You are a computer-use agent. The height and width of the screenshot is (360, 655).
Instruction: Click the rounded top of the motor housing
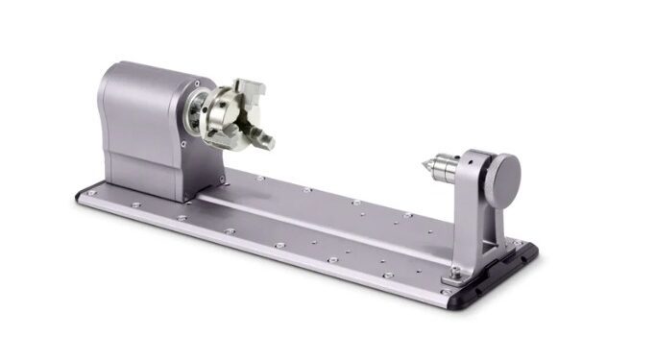click(144, 70)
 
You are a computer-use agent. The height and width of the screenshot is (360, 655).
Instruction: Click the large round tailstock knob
click(502, 174)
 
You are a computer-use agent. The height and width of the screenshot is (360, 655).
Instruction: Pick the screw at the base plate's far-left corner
click(91, 193)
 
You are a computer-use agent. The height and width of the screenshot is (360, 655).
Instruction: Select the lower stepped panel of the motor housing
click(144, 173)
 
